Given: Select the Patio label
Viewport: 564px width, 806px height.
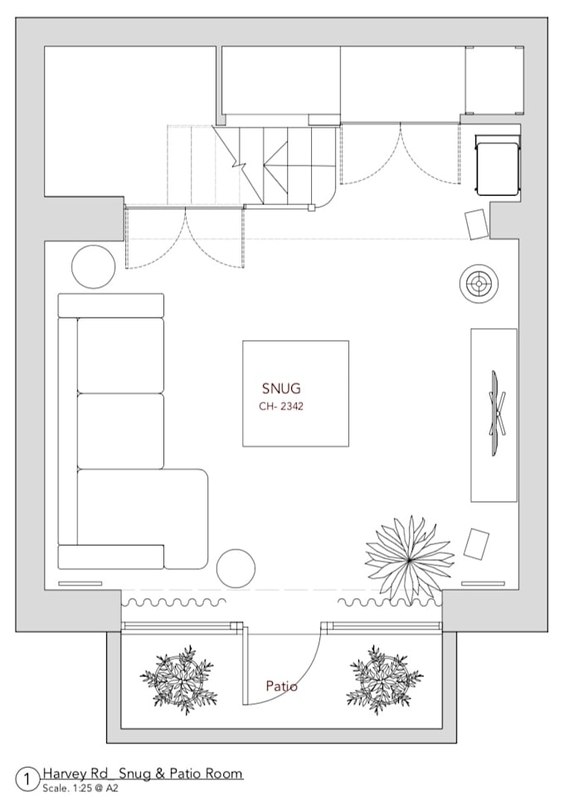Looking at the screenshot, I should pyautogui.click(x=281, y=687).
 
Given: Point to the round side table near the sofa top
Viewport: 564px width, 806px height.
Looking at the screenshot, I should pyautogui.click(x=93, y=267).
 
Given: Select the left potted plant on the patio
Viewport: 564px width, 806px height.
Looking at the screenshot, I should pyautogui.click(x=177, y=676).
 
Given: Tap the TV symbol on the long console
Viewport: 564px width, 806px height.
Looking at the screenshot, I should pyautogui.click(x=497, y=414).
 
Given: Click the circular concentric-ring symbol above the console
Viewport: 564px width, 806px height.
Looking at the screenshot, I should pyautogui.click(x=479, y=284).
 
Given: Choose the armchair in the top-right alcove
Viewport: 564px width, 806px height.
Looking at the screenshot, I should pyautogui.click(x=497, y=165).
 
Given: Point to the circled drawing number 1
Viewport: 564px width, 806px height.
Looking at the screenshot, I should pyautogui.click(x=28, y=779).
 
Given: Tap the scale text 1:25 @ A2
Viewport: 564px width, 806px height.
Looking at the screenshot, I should pyautogui.click(x=80, y=788).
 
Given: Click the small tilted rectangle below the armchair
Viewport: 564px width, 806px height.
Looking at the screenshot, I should pyautogui.click(x=477, y=223).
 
